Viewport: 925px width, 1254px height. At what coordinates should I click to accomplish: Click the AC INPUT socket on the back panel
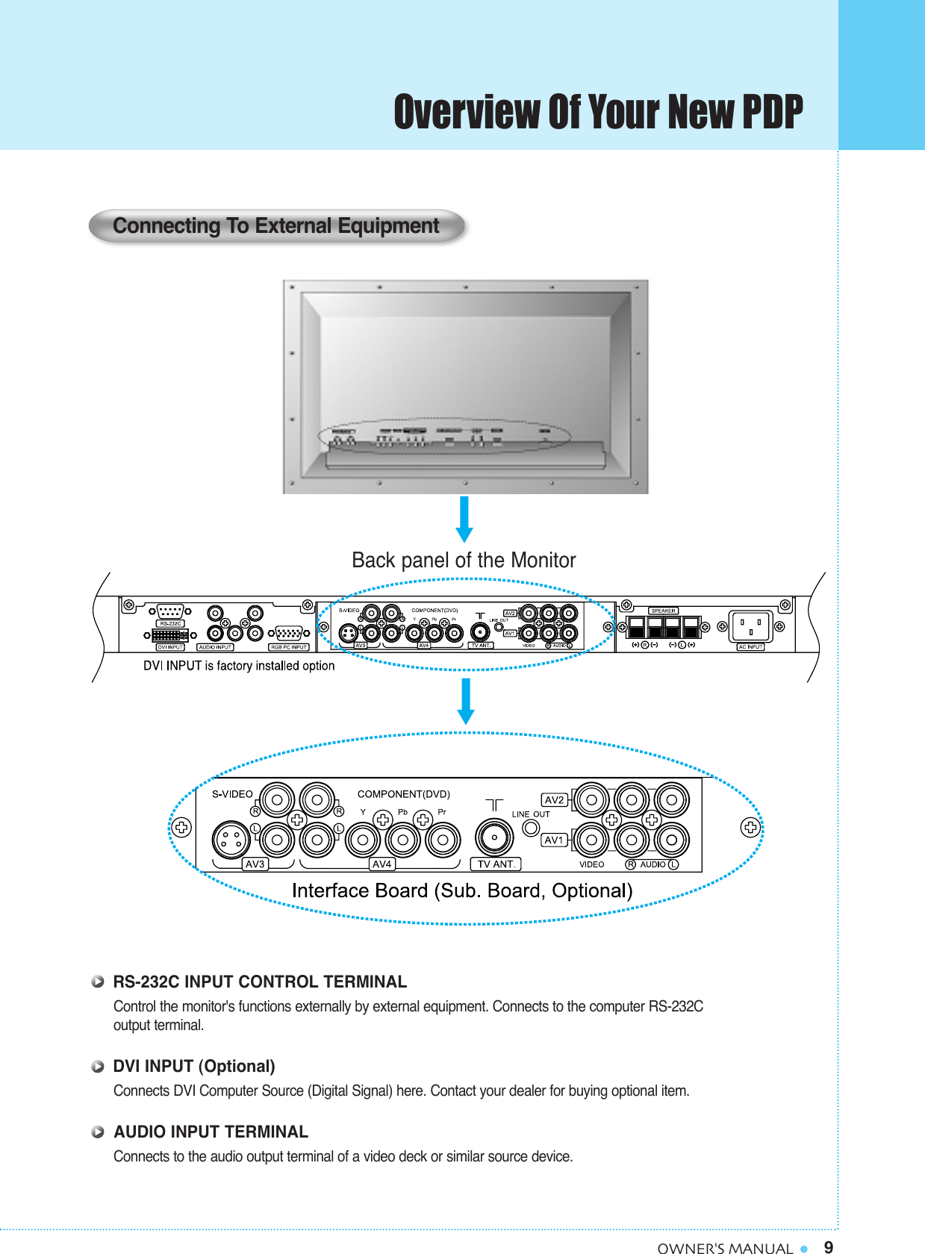click(x=750, y=626)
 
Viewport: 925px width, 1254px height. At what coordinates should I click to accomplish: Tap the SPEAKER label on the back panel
click(x=663, y=611)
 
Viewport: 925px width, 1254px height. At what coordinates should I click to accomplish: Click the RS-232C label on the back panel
click(x=170, y=623)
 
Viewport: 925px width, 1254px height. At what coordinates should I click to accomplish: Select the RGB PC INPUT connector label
click(x=289, y=647)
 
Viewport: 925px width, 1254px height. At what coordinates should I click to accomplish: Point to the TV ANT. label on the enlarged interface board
click(x=496, y=864)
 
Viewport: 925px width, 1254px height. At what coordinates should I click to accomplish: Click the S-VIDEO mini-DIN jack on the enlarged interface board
click(x=231, y=840)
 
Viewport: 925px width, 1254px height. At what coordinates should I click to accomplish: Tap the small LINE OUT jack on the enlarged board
click(x=531, y=828)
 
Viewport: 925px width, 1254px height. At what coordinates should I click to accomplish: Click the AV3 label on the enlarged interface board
click(x=255, y=864)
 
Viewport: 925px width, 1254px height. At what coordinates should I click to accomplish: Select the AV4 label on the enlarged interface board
click(x=382, y=864)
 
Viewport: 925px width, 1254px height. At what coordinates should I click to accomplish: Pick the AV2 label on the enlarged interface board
click(x=554, y=799)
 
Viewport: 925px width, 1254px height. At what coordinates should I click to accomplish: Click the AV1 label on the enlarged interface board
click(x=554, y=840)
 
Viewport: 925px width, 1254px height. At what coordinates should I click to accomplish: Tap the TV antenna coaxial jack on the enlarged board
click(x=493, y=839)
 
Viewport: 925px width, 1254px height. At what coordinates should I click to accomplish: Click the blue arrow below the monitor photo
click(x=464, y=520)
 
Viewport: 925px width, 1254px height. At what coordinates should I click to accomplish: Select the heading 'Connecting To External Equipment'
click(x=275, y=225)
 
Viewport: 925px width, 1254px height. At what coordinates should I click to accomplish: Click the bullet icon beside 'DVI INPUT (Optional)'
click(x=98, y=1067)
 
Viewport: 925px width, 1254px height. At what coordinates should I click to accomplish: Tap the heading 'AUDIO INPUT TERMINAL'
click(x=211, y=1132)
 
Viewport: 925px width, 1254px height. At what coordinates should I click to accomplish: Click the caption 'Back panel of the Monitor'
click(x=464, y=560)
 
